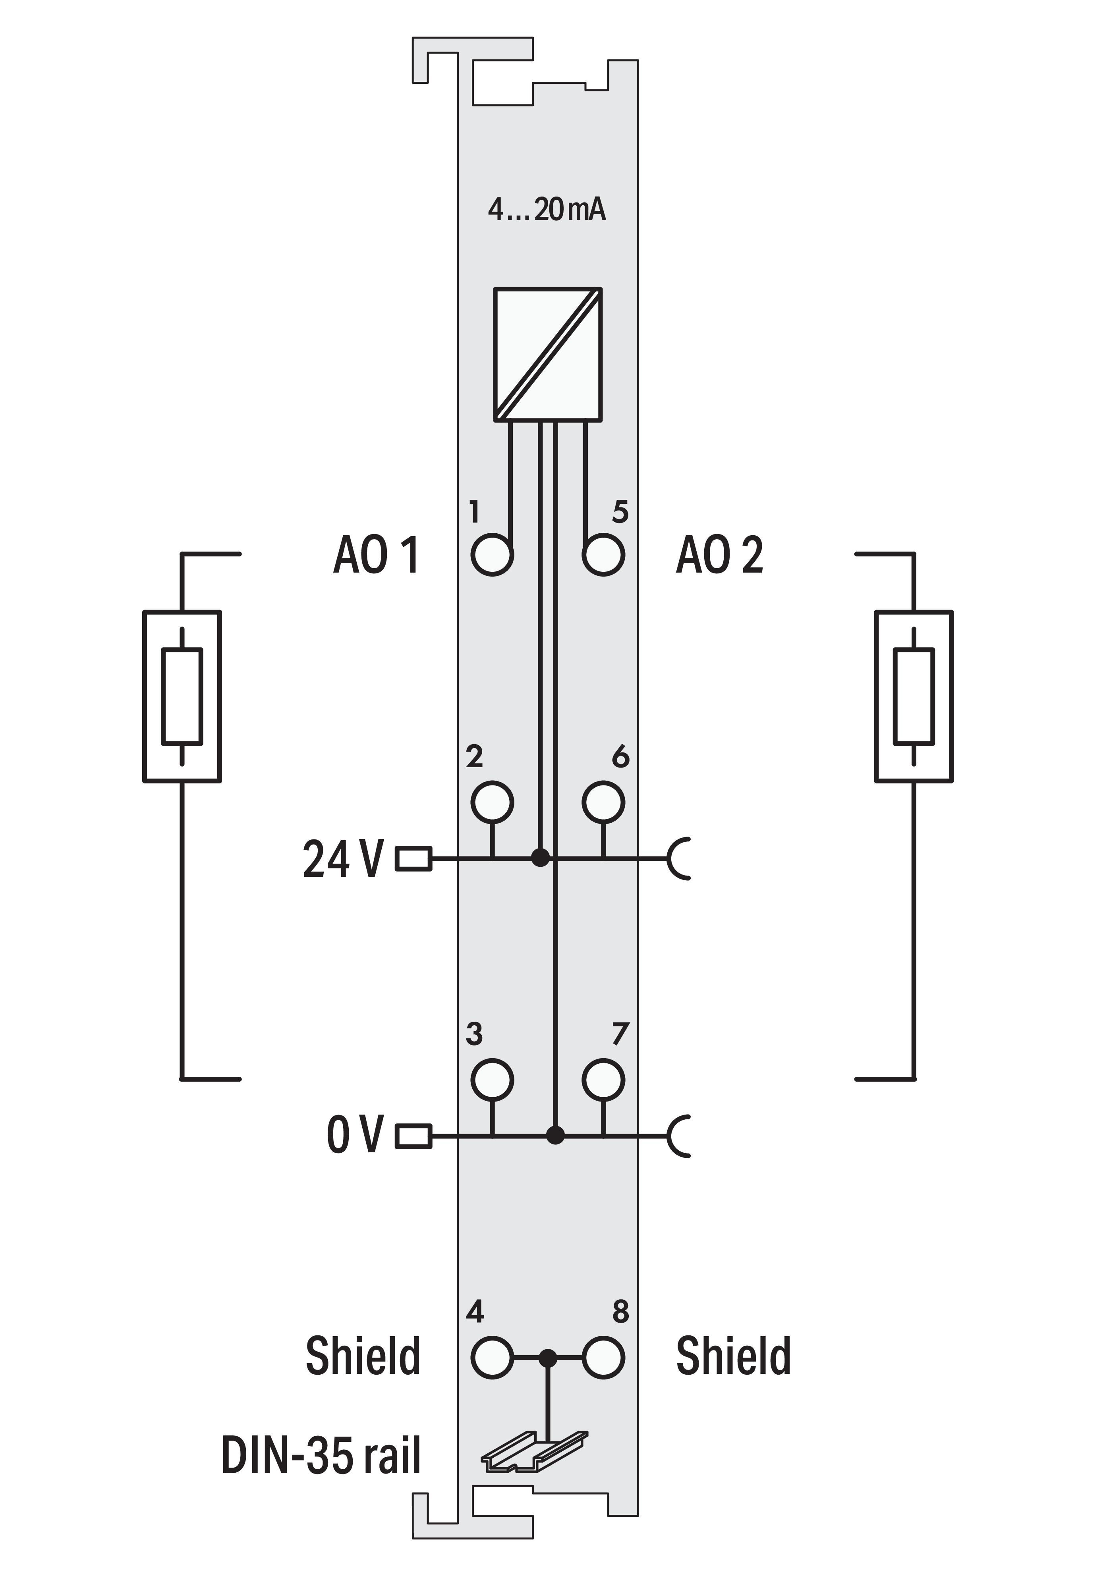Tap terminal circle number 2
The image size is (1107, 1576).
(x=492, y=802)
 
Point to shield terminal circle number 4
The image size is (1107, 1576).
(x=492, y=1357)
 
